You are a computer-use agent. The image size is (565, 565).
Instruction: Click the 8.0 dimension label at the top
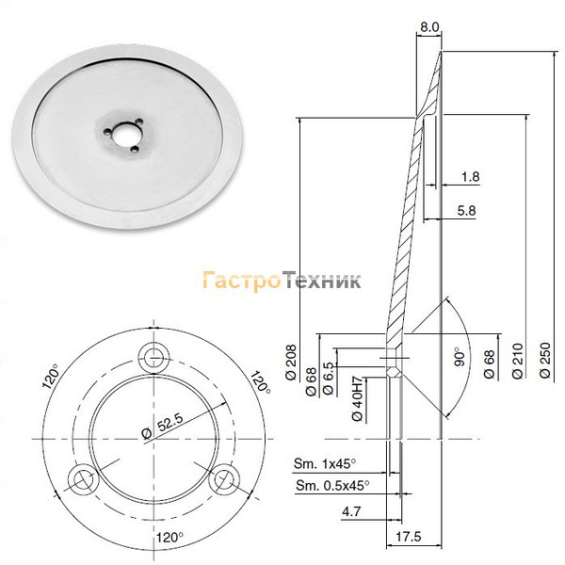[430, 27]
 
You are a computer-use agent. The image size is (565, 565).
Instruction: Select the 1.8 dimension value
[471, 177]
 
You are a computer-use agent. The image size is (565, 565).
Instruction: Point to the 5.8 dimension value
[467, 210]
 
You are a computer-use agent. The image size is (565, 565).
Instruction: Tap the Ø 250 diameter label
[545, 360]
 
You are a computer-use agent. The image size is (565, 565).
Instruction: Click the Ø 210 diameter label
[517, 361]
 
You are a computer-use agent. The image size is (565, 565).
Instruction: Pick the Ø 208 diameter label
[291, 363]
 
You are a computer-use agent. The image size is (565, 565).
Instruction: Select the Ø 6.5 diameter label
[327, 379]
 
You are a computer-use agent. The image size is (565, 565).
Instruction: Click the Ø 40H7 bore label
[357, 399]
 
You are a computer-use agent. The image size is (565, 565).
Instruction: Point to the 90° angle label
[460, 357]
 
